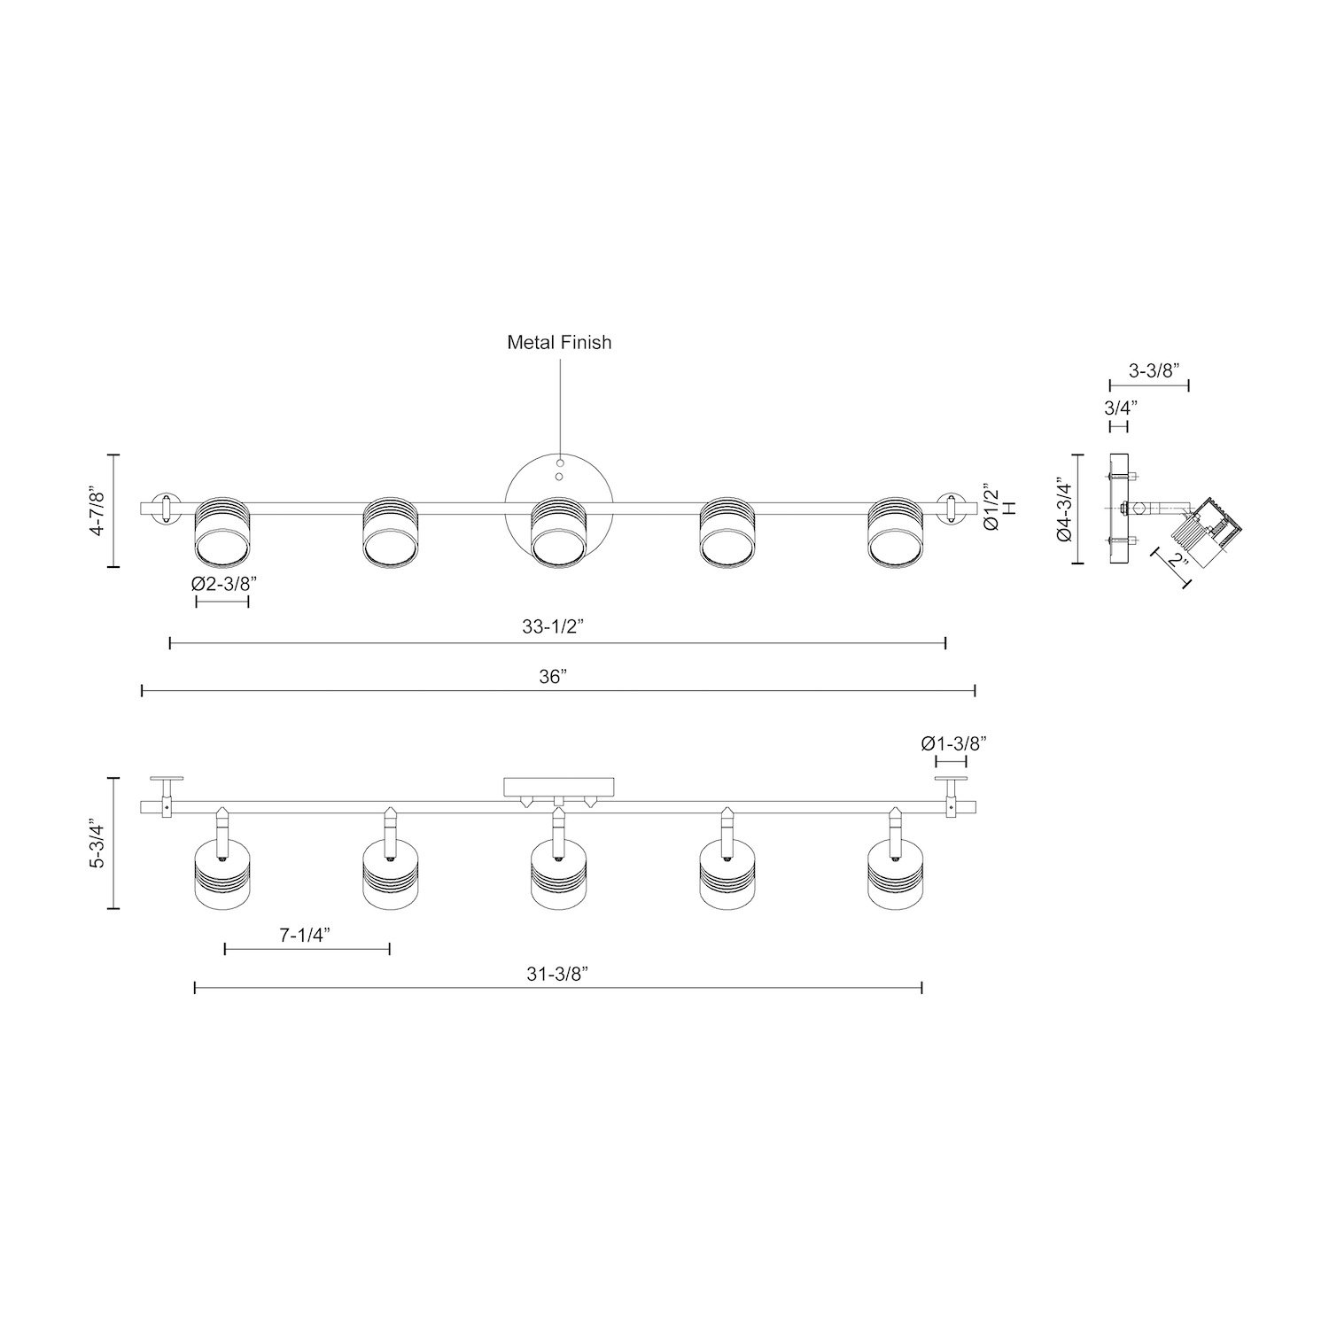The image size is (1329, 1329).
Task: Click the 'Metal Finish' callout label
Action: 559,342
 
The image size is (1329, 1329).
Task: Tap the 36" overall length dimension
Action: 552,677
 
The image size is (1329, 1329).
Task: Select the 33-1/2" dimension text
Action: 552,627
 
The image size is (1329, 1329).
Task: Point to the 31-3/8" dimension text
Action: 558,974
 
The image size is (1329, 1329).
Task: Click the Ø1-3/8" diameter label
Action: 952,742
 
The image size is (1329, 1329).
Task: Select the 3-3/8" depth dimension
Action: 1149,370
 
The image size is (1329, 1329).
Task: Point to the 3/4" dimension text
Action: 1120,408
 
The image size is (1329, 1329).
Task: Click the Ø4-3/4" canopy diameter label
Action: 1065,509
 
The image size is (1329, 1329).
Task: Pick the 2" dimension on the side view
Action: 1175,561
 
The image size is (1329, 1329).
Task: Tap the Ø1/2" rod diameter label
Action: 992,509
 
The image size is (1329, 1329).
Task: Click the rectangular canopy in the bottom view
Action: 558,787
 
